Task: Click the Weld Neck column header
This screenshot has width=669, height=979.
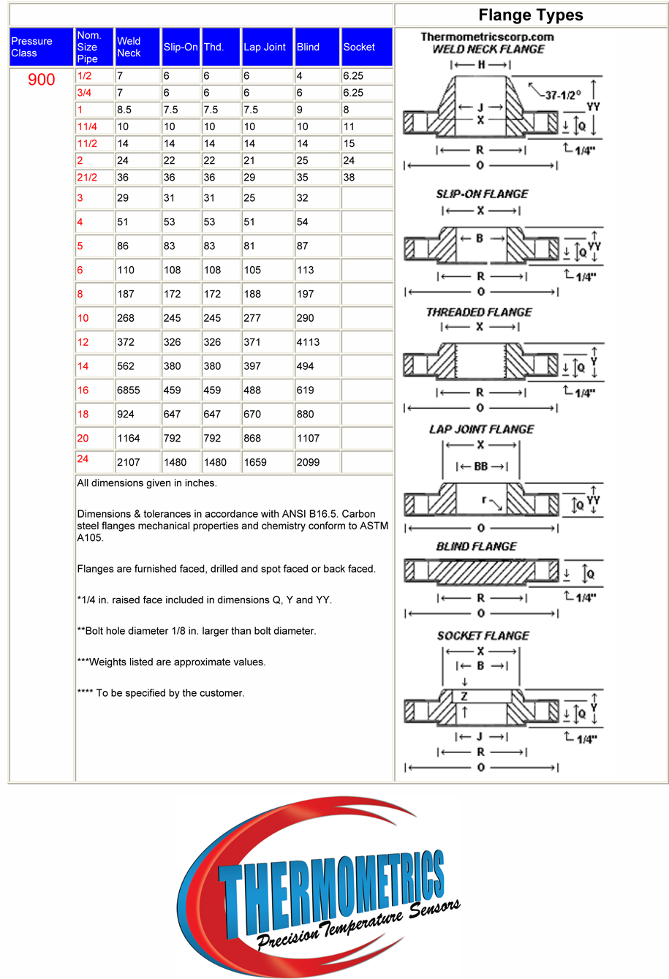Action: click(x=129, y=47)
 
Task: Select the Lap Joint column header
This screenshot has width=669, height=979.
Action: click(x=265, y=47)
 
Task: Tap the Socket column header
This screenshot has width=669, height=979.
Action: click(x=359, y=47)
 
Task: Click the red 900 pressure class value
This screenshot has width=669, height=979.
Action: click(x=42, y=80)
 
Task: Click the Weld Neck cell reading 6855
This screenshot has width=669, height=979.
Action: click(x=129, y=390)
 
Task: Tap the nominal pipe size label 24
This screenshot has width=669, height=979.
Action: click(x=83, y=459)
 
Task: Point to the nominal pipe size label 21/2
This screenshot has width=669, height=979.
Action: click(x=87, y=177)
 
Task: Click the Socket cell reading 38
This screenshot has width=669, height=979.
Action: click(x=349, y=177)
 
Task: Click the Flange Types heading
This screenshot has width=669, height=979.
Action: click(x=531, y=15)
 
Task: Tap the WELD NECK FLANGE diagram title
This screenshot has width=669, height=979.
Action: click(x=488, y=49)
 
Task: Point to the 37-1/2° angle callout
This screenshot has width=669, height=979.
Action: click(x=563, y=95)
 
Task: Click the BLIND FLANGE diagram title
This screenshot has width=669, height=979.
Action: click(x=476, y=547)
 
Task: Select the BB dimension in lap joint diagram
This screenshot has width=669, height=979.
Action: click(x=481, y=466)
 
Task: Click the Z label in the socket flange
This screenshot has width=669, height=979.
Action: click(x=464, y=697)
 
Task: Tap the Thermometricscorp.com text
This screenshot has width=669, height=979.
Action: click(x=487, y=37)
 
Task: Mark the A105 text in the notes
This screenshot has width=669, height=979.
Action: click(x=91, y=538)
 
